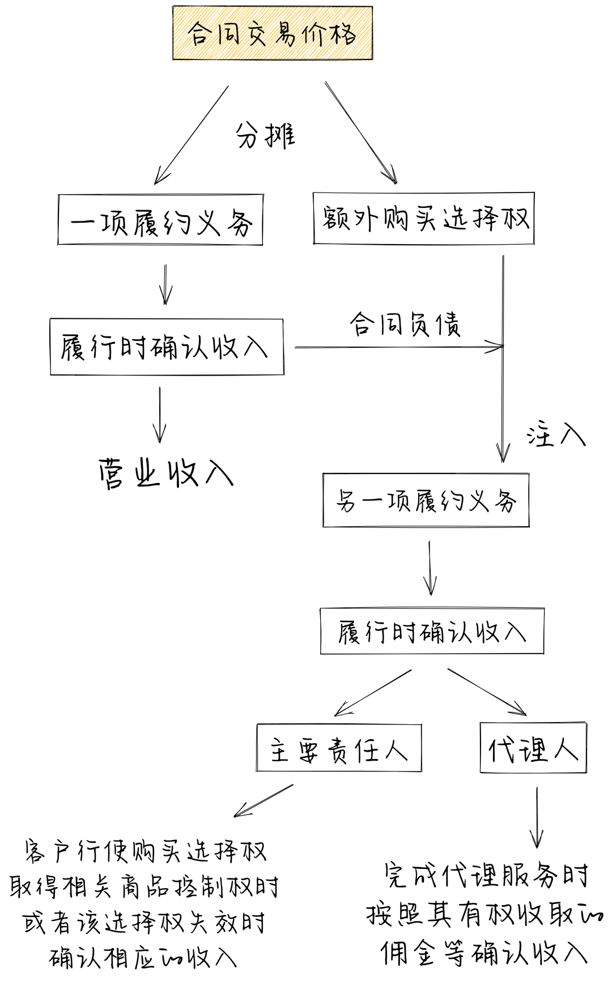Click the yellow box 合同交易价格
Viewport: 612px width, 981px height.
(x=273, y=33)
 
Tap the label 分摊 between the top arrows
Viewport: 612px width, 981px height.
(x=265, y=135)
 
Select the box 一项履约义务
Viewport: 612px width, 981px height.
(x=160, y=220)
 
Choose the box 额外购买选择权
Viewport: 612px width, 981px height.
(x=424, y=219)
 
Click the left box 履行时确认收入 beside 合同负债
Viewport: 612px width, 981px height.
(x=167, y=347)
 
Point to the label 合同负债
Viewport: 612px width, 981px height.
(x=405, y=324)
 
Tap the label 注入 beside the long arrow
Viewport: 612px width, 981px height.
(x=556, y=434)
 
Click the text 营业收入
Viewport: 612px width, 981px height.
(x=165, y=472)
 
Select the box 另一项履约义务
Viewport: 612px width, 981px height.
(x=426, y=500)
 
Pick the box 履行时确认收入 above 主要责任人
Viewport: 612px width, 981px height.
(x=432, y=631)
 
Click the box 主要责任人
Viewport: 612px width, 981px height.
(x=339, y=748)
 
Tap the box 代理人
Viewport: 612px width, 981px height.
(x=533, y=748)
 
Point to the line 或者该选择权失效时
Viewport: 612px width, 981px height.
(x=144, y=923)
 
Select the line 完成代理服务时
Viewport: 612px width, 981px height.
(x=486, y=875)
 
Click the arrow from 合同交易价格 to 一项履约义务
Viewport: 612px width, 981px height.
(x=191, y=135)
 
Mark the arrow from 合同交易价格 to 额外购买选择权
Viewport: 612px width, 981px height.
(x=361, y=133)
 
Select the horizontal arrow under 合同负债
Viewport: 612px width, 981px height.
(x=399, y=346)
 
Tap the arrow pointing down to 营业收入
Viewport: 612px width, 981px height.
(x=160, y=415)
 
